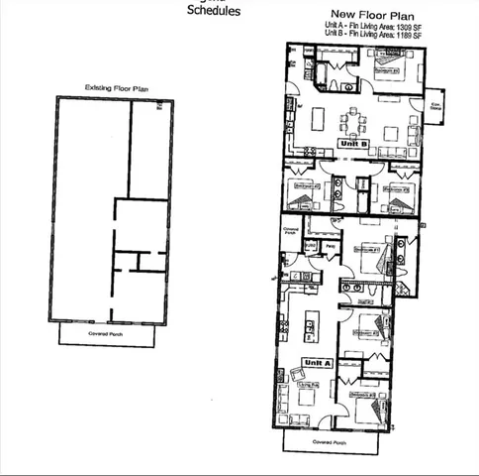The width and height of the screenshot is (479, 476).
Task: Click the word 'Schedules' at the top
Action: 214,13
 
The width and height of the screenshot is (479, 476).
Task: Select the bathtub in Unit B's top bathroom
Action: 317,70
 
